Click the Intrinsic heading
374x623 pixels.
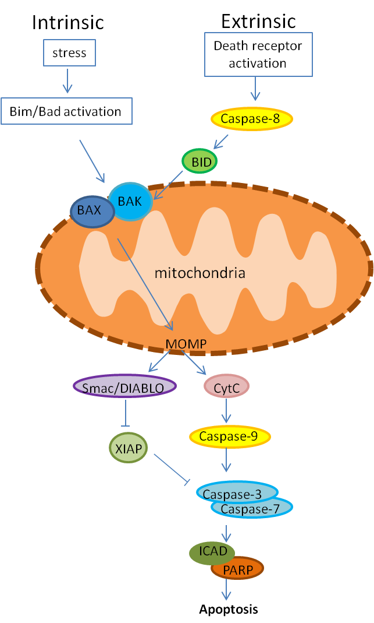[68, 22]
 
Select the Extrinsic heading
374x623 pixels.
[258, 21]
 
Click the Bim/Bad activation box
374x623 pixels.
[66, 111]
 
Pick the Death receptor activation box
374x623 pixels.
[258, 54]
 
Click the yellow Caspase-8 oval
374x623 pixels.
[251, 119]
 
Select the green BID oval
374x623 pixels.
[200, 161]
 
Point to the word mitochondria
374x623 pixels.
[200, 272]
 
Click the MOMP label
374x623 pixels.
[186, 344]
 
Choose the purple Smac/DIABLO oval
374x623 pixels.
[124, 386]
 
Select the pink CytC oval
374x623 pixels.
[226, 385]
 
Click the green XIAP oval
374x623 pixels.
[128, 449]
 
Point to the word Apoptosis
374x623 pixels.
[228, 610]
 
